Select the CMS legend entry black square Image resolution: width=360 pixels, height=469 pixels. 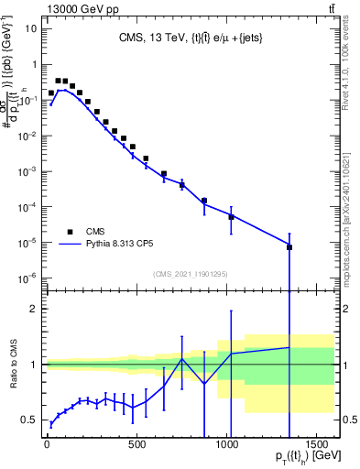pos(69,231)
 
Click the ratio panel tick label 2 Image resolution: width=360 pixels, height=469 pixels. pos(33,309)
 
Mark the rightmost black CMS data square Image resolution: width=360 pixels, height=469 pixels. pos(289,247)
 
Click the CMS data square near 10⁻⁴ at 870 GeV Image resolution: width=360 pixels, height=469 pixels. pos(204,201)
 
